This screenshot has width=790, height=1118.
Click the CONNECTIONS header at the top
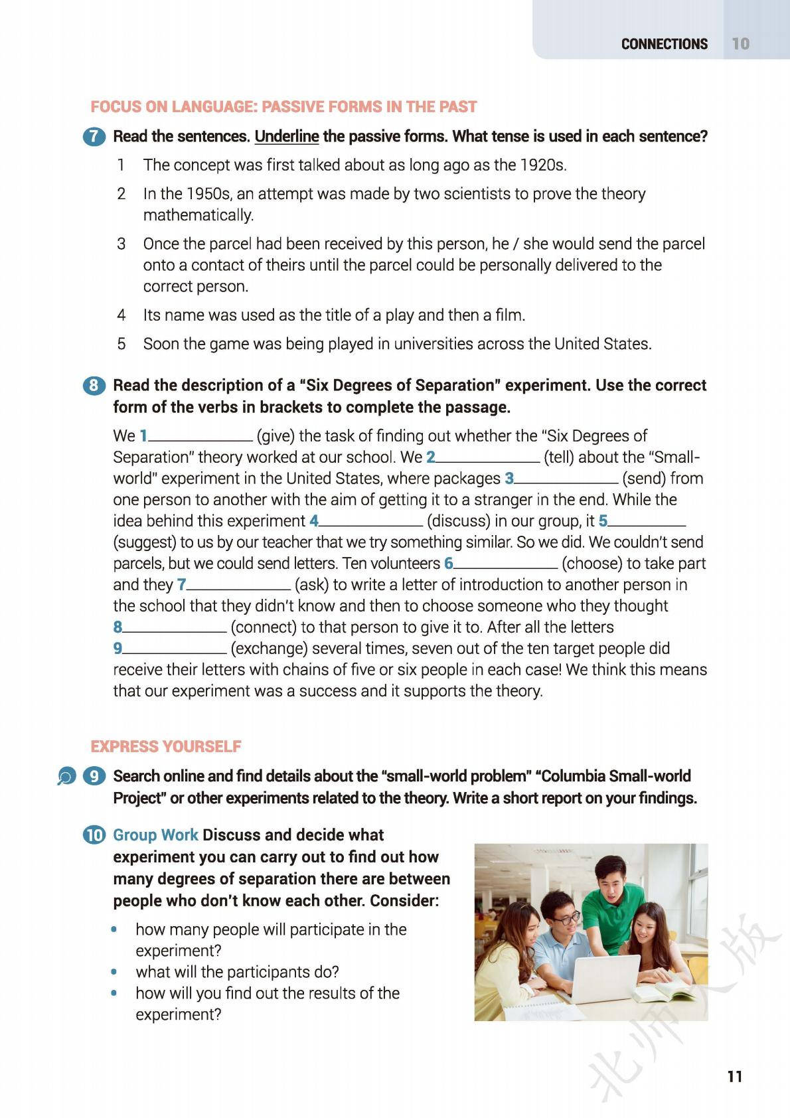pyautogui.click(x=664, y=44)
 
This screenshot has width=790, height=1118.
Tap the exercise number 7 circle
pyautogui.click(x=94, y=137)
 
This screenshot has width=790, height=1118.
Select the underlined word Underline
pyautogui.click(x=287, y=137)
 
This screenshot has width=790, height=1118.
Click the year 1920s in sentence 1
pyautogui.click(x=544, y=165)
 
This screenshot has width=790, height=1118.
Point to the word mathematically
pyautogui.click(x=198, y=215)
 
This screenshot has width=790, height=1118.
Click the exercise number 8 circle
pyautogui.click(x=94, y=386)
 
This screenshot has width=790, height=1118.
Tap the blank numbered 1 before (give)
pyautogui.click(x=201, y=438)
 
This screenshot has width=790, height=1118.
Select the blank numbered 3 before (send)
pyautogui.click(x=566, y=480)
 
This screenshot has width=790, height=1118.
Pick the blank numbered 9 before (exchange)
pyautogui.click(x=175, y=650)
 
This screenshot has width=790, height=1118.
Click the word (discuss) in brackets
pyautogui.click(x=459, y=521)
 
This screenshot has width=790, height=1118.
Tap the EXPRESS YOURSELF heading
pyautogui.click(x=166, y=747)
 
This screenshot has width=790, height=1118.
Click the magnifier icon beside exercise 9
pyautogui.click(x=66, y=776)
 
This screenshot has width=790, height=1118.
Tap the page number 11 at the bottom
pyautogui.click(x=734, y=1076)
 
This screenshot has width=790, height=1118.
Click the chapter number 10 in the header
pyautogui.click(x=740, y=44)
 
